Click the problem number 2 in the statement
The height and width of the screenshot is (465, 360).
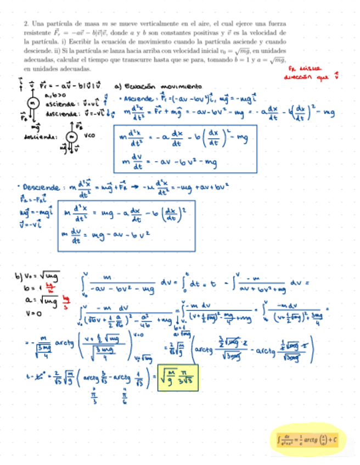[x=26, y=25]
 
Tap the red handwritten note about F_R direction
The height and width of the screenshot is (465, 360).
[x=310, y=73]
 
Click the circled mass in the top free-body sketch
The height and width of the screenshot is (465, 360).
[x=32, y=103]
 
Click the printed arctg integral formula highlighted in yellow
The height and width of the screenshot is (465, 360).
[x=308, y=439]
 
